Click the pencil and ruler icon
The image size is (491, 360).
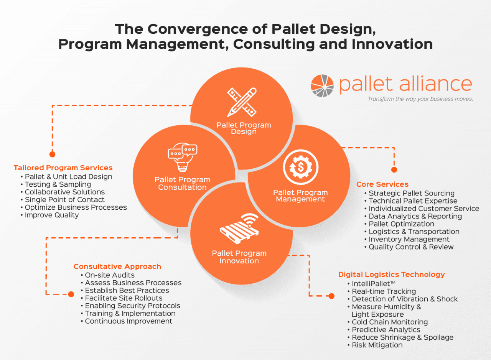pyautogui.click(x=242, y=102)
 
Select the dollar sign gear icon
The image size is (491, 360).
pyautogui.click(x=300, y=167)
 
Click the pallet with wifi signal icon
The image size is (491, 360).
pyautogui.click(x=239, y=229)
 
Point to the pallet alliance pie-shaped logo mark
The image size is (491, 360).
pyautogui.click(x=322, y=85)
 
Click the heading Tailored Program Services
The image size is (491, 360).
pyautogui.click(x=63, y=168)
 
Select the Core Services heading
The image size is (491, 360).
pyautogui.click(x=382, y=184)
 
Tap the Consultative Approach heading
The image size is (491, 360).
pyautogui.click(x=117, y=266)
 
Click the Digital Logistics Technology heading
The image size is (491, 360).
pyautogui.click(x=391, y=275)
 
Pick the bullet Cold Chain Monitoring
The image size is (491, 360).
pyautogui.click(x=389, y=322)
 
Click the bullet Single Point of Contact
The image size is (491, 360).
pyautogui.click(x=64, y=200)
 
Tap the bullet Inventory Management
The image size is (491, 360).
pyautogui.click(x=409, y=239)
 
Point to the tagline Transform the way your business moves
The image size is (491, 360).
pyautogui.click(x=420, y=99)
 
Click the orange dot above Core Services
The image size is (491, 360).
pyautogui.click(x=394, y=169)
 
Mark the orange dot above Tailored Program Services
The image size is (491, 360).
pyautogui.click(x=53, y=154)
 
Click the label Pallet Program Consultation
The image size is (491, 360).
pyautogui.click(x=182, y=183)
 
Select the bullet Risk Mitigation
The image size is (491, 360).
pyautogui.click(x=377, y=345)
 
